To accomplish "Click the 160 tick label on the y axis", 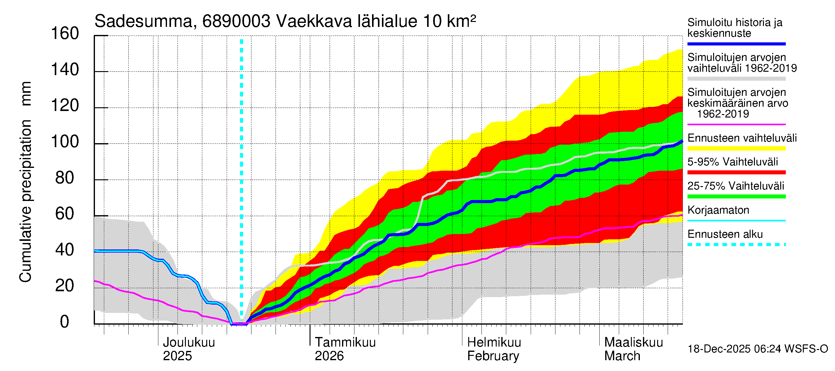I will point(65,34).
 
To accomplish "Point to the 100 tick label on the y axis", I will point(65,142).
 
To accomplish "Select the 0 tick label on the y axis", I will point(65,322).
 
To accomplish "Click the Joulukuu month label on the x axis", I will point(189,343).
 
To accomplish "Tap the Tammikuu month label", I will point(345,343).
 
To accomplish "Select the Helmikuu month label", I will point(494,343).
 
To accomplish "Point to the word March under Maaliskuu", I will point(622,356).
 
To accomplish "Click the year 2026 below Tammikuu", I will point(329,356).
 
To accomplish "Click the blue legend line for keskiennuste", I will point(736,44).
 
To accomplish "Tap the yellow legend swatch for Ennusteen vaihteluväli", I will point(736,148).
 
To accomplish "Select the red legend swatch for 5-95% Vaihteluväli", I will point(736,173).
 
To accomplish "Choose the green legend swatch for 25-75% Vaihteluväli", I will point(736,196).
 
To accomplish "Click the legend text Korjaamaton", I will point(718,210).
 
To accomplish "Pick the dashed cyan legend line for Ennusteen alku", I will point(736,245).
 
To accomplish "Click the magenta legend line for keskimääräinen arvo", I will point(736,124).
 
